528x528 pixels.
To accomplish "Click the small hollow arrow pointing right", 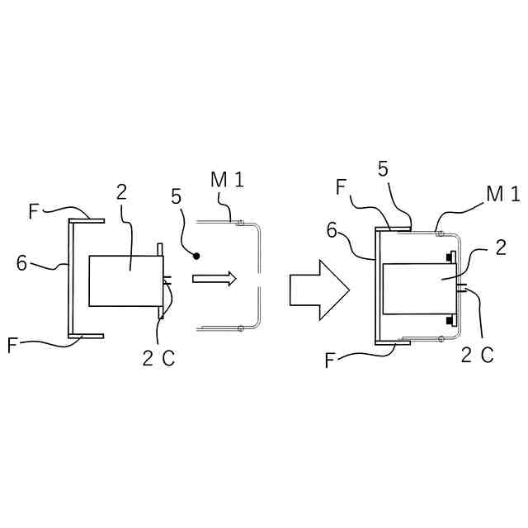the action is tap(214, 279).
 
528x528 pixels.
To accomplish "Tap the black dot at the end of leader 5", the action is tap(197, 256).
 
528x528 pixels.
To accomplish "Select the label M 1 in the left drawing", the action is tap(227, 179).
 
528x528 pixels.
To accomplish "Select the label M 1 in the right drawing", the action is tap(503, 194).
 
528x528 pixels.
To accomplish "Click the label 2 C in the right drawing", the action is tap(478, 356).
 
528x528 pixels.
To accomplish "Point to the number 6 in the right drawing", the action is tap(332, 231).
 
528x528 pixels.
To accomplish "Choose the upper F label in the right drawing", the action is tap(342, 187).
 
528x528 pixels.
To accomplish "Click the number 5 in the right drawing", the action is tap(384, 168).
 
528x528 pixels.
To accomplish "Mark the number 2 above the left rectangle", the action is tap(121, 192).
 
